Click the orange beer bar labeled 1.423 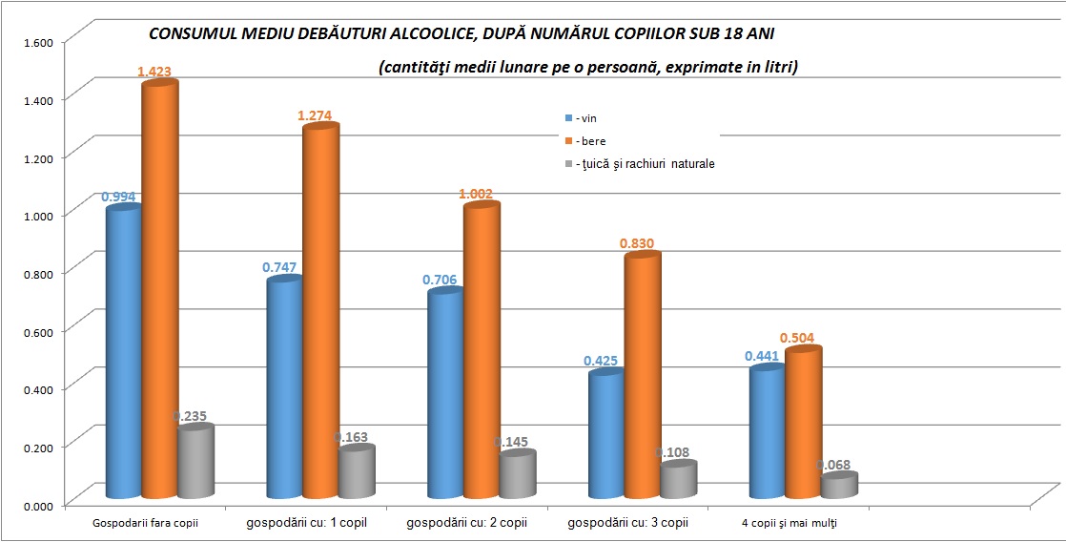[x=160, y=286]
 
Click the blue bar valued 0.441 [x=767, y=430]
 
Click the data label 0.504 [x=796, y=338]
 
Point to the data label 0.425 [x=601, y=361]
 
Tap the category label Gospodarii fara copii [x=146, y=524]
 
